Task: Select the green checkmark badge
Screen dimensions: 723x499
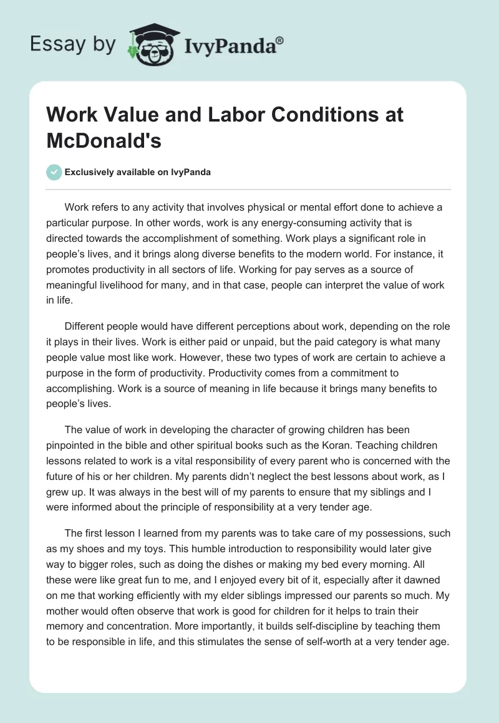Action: [54, 172]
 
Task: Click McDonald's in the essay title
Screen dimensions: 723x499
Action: [104, 140]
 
